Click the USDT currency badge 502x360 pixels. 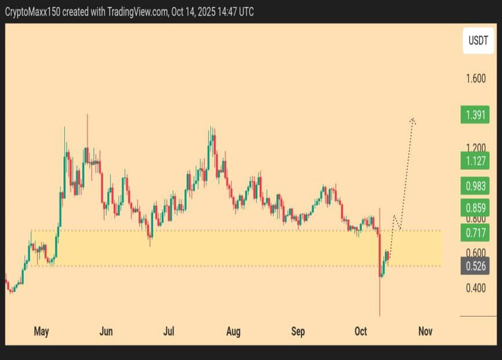click(x=478, y=41)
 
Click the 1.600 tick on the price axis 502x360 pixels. click(x=475, y=78)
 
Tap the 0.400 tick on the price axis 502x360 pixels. click(x=475, y=288)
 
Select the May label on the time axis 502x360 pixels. click(x=41, y=332)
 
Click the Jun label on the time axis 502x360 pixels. click(x=106, y=332)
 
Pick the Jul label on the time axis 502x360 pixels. click(x=169, y=332)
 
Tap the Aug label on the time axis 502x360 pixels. click(x=233, y=332)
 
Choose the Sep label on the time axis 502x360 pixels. click(x=297, y=332)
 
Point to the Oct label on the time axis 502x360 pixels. click(x=361, y=332)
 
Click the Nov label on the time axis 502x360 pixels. click(x=425, y=332)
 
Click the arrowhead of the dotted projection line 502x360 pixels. click(x=413, y=120)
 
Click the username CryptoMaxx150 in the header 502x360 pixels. click(x=32, y=12)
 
